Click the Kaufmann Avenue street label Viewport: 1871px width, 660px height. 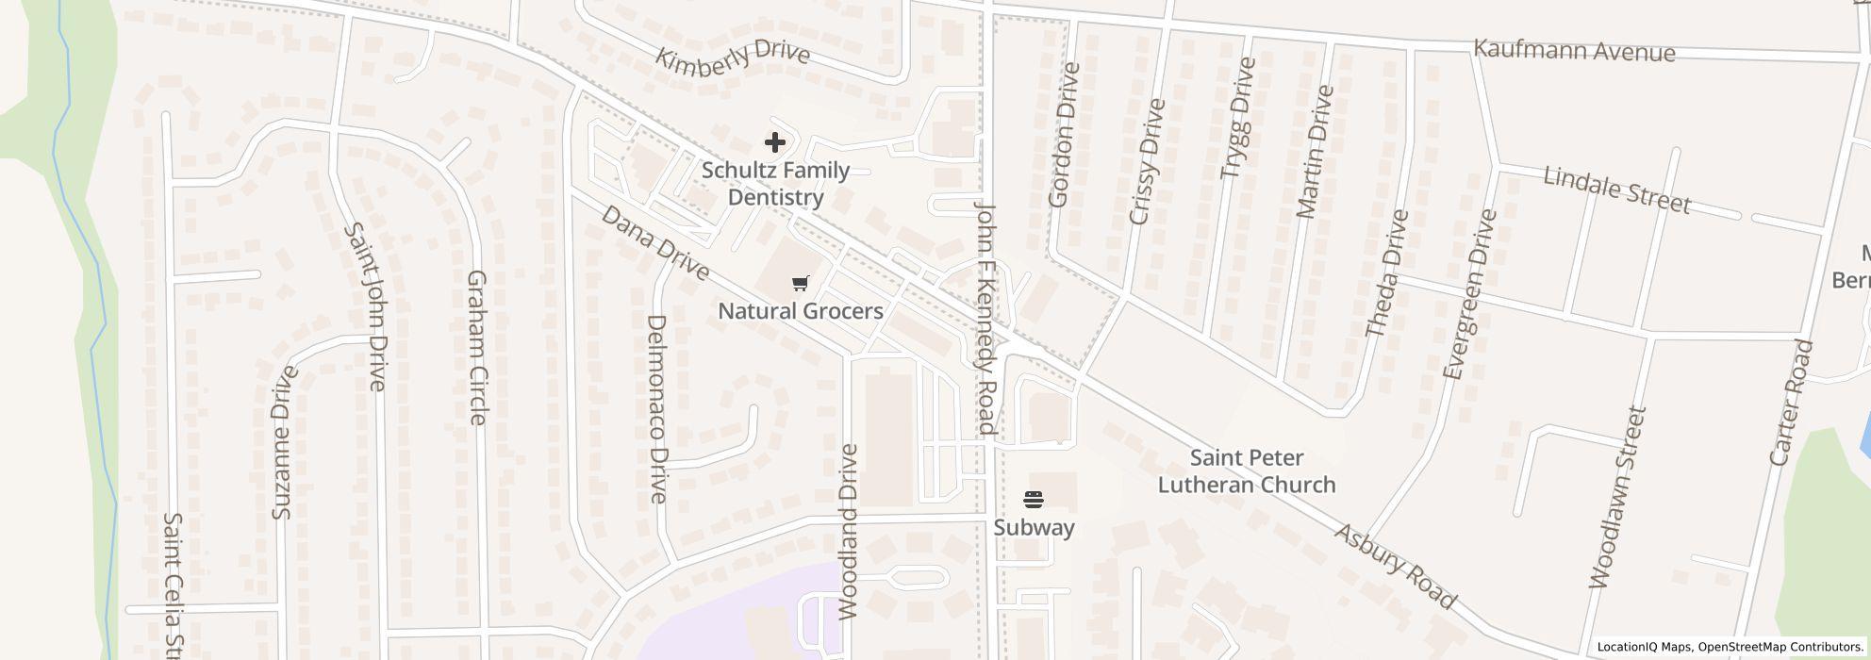1574,50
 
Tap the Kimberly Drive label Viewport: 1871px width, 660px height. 733,57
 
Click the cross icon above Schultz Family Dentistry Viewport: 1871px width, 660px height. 774,142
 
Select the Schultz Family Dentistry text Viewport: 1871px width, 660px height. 775,184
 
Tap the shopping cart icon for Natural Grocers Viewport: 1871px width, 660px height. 801,283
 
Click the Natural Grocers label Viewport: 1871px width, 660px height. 801,311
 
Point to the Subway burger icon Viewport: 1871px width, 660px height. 1034,499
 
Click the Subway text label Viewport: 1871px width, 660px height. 1034,527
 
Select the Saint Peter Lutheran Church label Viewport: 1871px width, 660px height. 1246,471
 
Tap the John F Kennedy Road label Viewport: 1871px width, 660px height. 985,317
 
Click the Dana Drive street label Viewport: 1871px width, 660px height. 654,243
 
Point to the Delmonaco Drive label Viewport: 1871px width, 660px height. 657,408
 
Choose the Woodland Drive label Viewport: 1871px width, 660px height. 848,532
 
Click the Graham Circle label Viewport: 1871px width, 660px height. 477,347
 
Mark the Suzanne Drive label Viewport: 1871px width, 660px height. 283,441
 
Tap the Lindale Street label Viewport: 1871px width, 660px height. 1616,190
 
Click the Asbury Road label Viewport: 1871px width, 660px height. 1395,566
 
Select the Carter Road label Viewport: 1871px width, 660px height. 1791,403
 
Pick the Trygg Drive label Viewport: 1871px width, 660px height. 1238,118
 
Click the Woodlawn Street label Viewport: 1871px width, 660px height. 1616,498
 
